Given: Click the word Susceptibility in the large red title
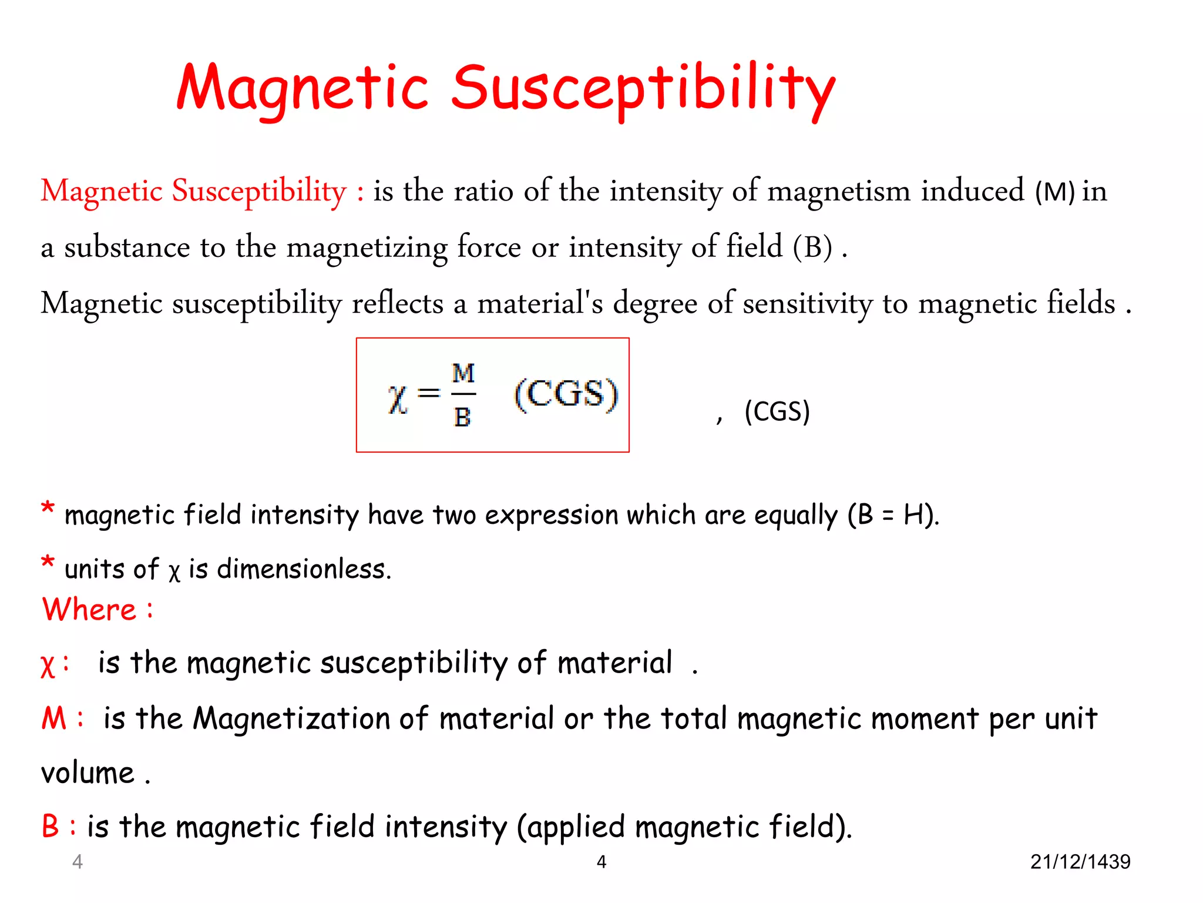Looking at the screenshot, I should coord(643,89).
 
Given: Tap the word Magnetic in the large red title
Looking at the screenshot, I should coord(303,89).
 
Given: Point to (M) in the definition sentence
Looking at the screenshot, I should coord(1055,192).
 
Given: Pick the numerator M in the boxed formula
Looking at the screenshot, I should coord(463,373).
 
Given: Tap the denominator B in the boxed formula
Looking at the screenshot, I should coord(462,417).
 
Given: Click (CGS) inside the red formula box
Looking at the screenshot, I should coord(566,394).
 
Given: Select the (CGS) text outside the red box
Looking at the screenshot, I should coord(777,411).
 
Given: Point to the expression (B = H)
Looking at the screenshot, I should coord(893,515).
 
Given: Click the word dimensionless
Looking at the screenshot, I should coord(303,569).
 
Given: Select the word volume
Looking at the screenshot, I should coord(88,773).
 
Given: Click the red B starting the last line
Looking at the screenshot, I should coord(51,826).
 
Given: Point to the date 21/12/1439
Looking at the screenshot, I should coord(1080,862).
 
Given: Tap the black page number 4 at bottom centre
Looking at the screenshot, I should coord(601,862).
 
